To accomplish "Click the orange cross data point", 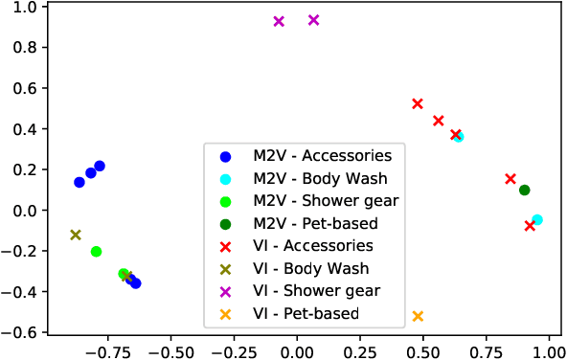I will pyautogui.click(x=418, y=316).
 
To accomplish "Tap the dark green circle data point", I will pyautogui.click(x=525, y=190).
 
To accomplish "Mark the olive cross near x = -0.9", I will pyautogui.click(x=76, y=235).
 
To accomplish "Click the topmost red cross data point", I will pyautogui.click(x=418, y=103).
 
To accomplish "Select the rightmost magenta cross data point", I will pyautogui.click(x=313, y=20).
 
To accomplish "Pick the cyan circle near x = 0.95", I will pyautogui.click(x=537, y=219).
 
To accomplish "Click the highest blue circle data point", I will pyautogui.click(x=100, y=166).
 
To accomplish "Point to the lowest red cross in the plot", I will pyautogui.click(x=530, y=226).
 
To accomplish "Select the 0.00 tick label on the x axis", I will pyautogui.click(x=297, y=349).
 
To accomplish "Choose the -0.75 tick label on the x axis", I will pyautogui.click(x=106, y=349).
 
